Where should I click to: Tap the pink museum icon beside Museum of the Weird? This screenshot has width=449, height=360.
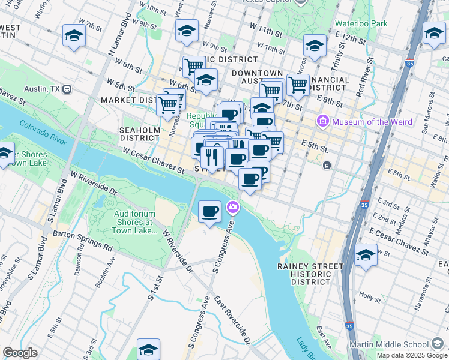(x=324, y=122)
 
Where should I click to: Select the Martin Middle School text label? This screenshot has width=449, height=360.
(x=389, y=344)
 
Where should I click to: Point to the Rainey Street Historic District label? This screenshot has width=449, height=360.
(x=310, y=274)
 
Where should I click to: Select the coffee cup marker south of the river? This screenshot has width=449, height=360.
(x=209, y=212)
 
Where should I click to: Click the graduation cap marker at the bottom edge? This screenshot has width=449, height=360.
(x=149, y=349)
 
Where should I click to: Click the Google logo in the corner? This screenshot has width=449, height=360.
(x=19, y=353)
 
